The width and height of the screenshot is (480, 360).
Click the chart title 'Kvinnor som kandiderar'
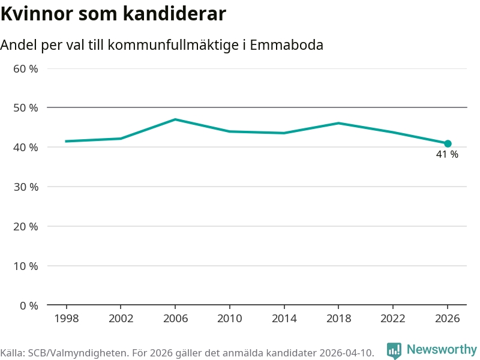click(113, 14)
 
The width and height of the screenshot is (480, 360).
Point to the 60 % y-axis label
click(26, 68)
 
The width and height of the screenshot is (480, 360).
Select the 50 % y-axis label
click(26, 108)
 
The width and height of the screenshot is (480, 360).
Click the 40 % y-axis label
click(26, 148)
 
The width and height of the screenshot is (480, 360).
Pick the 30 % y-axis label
click(26, 187)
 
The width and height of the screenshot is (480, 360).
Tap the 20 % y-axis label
click(26, 226)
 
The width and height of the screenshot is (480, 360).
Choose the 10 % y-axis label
click(26, 266)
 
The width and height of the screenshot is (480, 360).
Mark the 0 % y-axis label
click(29, 305)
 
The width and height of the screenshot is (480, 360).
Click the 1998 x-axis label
click(66, 319)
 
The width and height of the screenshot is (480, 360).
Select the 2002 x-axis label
click(121, 319)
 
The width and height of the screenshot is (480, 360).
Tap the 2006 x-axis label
click(175, 319)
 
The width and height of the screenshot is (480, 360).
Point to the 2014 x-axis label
click(284, 319)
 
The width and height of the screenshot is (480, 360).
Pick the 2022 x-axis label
click(393, 319)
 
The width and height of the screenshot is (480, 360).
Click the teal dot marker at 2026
click(448, 144)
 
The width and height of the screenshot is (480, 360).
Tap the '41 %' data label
click(447, 155)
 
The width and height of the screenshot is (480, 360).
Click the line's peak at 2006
click(175, 119)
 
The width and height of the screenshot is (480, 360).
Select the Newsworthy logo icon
click(394, 350)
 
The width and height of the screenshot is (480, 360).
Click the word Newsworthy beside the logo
click(442, 349)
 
